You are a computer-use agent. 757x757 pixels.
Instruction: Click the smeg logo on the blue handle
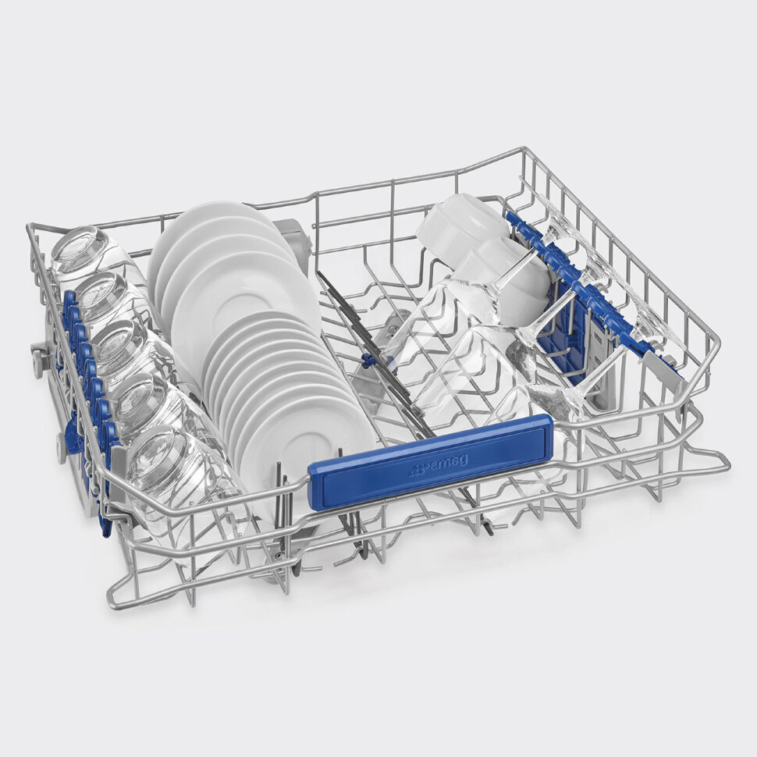[439, 464]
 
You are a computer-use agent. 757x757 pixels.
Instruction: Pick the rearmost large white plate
[217, 236]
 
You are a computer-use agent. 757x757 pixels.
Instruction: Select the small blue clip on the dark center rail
[368, 360]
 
